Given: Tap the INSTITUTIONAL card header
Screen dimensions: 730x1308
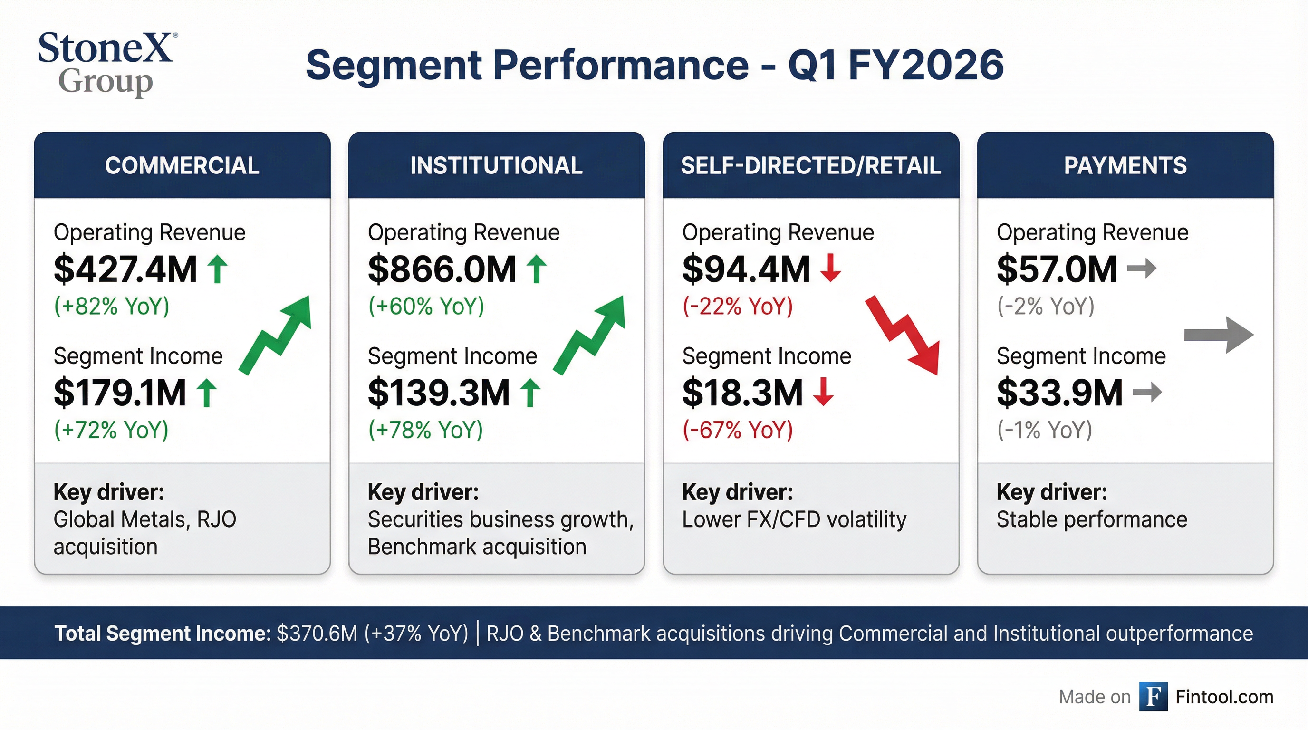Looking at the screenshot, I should coord(496,165).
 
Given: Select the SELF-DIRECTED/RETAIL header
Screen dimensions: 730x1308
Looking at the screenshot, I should coord(810,165).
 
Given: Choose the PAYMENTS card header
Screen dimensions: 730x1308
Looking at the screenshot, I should coord(1125,165).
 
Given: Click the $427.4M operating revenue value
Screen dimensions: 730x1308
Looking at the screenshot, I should coord(125,269).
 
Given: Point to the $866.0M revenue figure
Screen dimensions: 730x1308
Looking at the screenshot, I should coord(442,269).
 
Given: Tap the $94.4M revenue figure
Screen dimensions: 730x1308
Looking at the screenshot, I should coord(745,269).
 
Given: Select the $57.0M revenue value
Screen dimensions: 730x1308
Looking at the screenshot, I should coord(1057,269).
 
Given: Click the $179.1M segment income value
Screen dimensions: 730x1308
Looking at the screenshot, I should coord(120,393).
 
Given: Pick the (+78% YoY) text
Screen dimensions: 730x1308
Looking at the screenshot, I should coord(425,430).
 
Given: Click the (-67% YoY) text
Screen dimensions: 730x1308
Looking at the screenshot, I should coord(737,430).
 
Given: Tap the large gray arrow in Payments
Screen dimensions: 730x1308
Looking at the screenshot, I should coord(1219,335).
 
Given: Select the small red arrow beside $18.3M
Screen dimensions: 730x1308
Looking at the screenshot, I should coord(823,392).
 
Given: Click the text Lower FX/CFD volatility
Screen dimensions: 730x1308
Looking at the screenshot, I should coord(794,519).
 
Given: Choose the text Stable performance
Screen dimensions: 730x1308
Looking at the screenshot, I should coord(1092,519).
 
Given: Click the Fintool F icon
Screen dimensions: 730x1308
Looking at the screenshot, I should coord(1153,697).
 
